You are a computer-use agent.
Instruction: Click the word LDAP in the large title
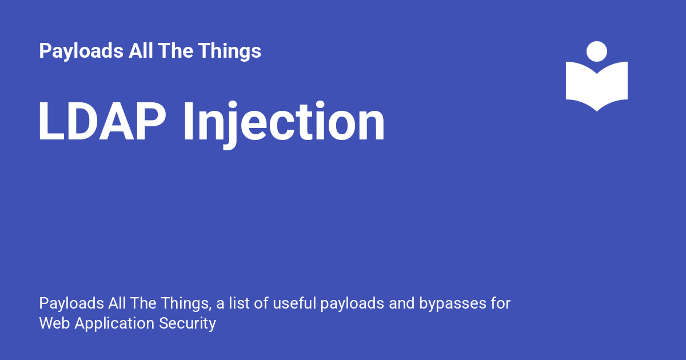point(102,121)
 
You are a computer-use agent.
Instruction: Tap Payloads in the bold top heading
point(81,51)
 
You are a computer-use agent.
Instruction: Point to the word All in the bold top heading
point(141,50)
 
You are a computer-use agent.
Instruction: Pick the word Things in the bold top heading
point(230,51)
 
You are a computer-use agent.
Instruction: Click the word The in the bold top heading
point(176,50)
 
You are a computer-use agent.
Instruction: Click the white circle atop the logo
point(597,51)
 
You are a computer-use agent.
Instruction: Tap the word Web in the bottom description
point(54,323)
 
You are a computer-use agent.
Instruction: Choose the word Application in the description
point(114,324)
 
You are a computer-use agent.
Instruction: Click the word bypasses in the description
point(453,304)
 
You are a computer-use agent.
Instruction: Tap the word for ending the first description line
point(501,303)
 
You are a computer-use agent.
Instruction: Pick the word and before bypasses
point(402,303)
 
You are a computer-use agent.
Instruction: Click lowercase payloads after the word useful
point(352,304)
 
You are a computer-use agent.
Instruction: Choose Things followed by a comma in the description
point(186,304)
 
